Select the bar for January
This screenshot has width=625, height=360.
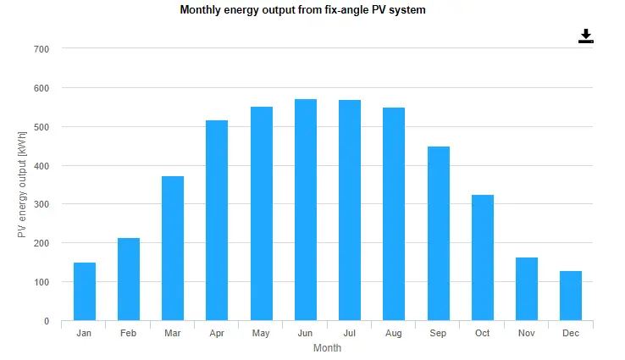coord(85,291)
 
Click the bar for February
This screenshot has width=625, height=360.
coord(129,280)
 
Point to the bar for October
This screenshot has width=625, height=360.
coord(483,258)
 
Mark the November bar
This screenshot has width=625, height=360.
coord(527,289)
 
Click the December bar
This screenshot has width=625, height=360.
coord(571,296)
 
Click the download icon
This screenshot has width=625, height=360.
coord(586,36)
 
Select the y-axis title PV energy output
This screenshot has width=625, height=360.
coord(23,184)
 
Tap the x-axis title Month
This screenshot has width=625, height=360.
coord(327,348)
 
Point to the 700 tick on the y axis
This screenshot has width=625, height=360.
coord(42,49)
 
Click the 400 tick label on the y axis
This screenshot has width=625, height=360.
coord(42,166)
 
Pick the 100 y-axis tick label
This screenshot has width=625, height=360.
coord(42,282)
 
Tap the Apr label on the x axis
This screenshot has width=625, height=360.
coord(217,334)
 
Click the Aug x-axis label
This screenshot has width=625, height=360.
coord(394,334)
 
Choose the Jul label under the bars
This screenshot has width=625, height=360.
coord(350,334)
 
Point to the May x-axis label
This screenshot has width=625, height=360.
coord(261,334)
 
